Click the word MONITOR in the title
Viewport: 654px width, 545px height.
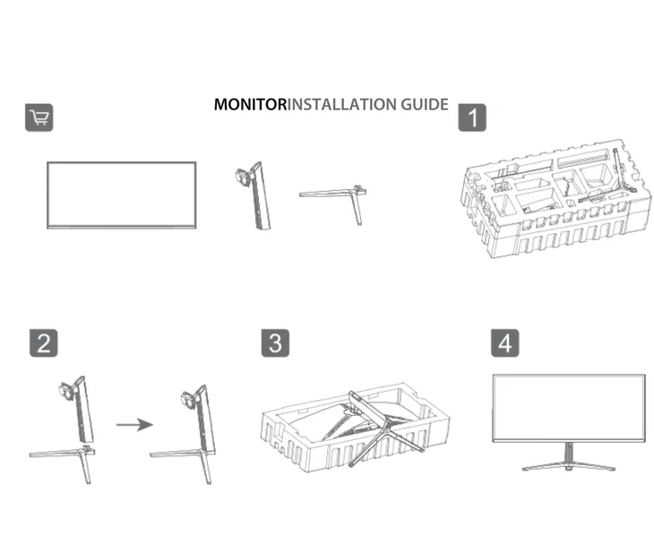[x=249, y=105]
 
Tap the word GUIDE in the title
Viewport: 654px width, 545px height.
[x=424, y=105]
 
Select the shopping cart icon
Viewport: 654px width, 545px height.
[x=39, y=117]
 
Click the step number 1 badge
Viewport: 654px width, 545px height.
[x=472, y=117]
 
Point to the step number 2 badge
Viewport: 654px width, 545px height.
[x=43, y=342]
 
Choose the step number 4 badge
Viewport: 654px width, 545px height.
[x=506, y=342]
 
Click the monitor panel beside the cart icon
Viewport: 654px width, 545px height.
[x=121, y=195]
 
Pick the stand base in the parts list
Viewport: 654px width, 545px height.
[x=336, y=198]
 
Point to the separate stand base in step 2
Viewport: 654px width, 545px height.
[x=63, y=455]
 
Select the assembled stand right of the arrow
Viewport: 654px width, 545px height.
[x=193, y=430]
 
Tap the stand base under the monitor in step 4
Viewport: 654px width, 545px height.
[x=569, y=463]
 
